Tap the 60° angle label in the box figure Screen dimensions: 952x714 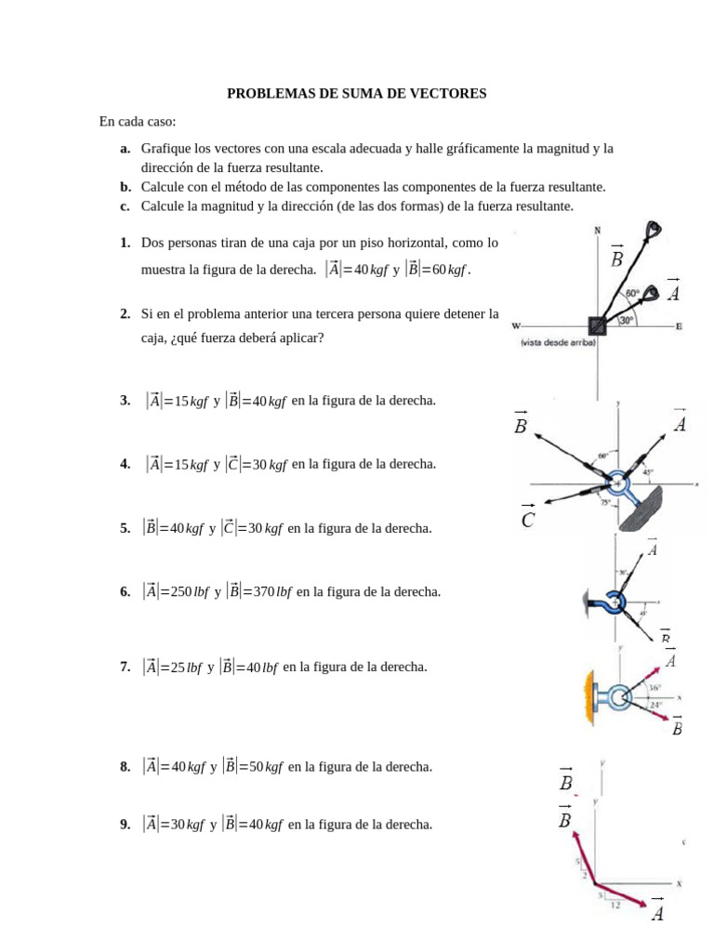(x=632, y=293)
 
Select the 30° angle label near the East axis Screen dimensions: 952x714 (x=627, y=320)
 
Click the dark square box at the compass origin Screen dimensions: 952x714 (x=596, y=325)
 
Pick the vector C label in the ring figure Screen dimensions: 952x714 (x=528, y=521)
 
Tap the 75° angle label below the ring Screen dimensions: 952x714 (x=605, y=503)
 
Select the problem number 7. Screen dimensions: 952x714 (x=125, y=667)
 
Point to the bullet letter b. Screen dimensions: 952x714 (x=125, y=187)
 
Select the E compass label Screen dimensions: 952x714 (x=679, y=326)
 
